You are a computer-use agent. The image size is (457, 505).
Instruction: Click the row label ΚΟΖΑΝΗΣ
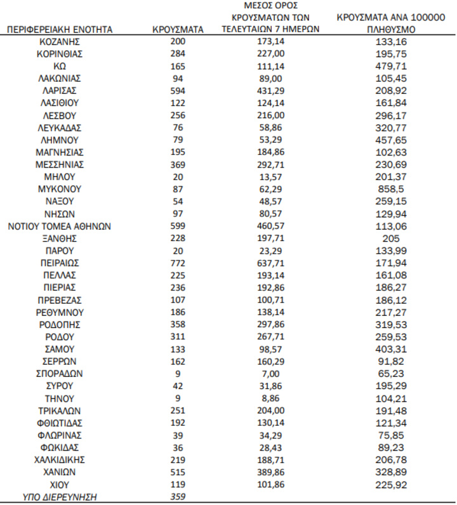coord(60,42)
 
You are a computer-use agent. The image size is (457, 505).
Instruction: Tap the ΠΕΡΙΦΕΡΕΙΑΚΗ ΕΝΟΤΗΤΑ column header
coord(60,29)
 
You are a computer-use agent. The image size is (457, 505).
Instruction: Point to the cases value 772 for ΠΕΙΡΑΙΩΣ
coord(178,263)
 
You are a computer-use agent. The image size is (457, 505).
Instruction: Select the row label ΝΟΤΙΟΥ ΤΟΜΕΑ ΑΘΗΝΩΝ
coord(60,226)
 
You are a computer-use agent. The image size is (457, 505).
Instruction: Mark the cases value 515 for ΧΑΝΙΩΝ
coord(178,472)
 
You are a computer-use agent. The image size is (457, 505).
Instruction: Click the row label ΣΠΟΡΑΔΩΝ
coord(60,374)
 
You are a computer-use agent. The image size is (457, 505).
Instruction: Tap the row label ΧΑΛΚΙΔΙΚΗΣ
coord(60,459)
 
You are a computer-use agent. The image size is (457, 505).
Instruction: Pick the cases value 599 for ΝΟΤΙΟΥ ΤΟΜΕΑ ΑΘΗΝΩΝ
coord(178,226)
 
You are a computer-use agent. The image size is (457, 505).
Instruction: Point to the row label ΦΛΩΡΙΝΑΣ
coord(60,435)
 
